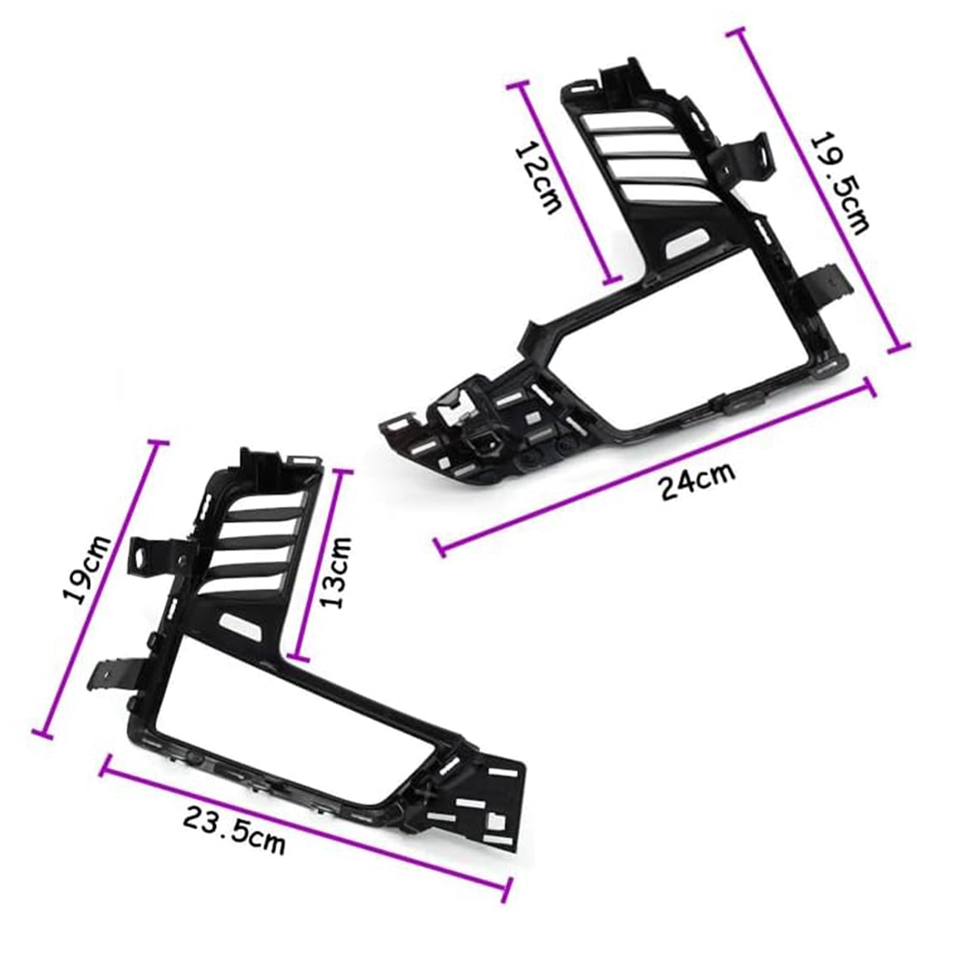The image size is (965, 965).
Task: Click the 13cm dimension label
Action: (338, 573)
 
